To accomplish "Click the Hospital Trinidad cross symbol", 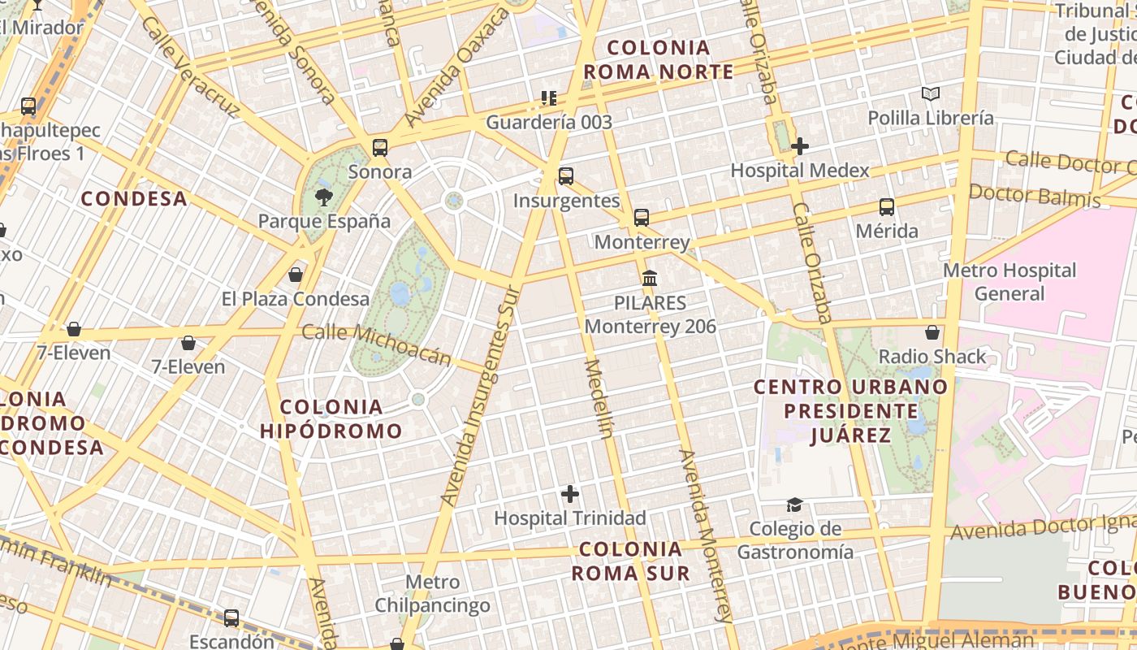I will (x=570, y=493).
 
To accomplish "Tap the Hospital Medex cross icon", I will (x=800, y=146).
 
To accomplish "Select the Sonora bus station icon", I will (x=379, y=148).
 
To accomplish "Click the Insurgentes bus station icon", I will (x=566, y=176).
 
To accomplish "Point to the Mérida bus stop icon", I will (x=887, y=207).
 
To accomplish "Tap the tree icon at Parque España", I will (x=324, y=197).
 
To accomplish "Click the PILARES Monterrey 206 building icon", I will (x=650, y=279).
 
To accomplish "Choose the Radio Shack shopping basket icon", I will (x=932, y=332).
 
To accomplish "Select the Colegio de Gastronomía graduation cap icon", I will (x=794, y=505).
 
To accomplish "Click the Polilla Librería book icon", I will (x=931, y=94).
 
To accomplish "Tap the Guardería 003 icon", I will (x=549, y=98).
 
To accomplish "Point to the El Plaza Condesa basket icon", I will (x=296, y=275).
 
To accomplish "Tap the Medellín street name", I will (x=599, y=398).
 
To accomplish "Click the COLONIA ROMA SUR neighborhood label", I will (x=630, y=561).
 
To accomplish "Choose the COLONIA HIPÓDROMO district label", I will (x=331, y=418).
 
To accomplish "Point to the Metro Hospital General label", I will (x=1009, y=281).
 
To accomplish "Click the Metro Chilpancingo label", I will (x=432, y=593).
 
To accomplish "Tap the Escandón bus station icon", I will (x=231, y=618).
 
